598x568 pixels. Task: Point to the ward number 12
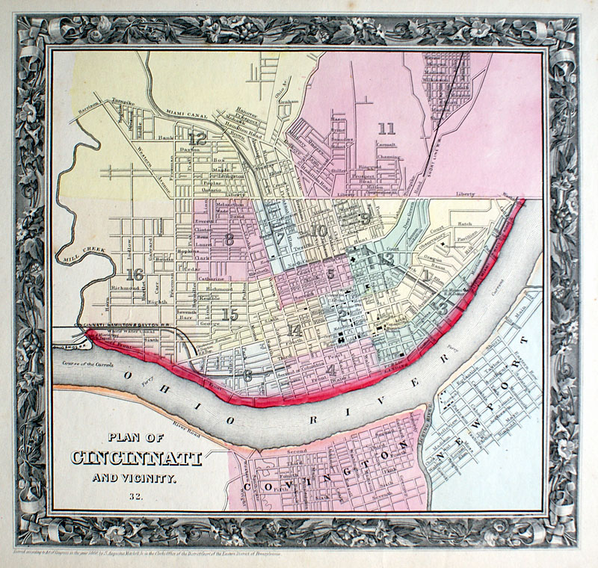(x=197, y=138)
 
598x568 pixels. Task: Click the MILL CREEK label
(x=84, y=247)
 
